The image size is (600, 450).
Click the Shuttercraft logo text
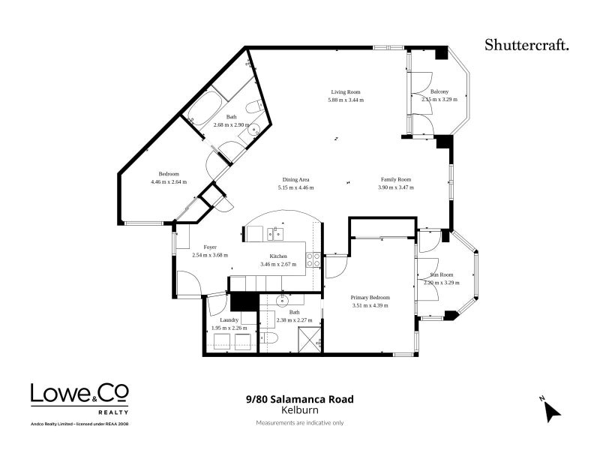[x=527, y=44]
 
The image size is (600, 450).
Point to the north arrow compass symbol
[x=552, y=409]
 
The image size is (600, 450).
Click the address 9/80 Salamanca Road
[x=299, y=399]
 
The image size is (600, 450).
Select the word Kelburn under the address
[x=299, y=410]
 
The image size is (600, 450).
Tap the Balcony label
[x=439, y=91]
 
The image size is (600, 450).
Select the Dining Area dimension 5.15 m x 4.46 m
[x=295, y=187]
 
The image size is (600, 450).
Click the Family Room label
[x=395, y=179]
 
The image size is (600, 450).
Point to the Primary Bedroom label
[x=370, y=297]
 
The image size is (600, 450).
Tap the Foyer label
[x=210, y=247]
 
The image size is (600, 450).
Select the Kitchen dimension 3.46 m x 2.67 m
[x=279, y=264]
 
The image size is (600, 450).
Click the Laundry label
[x=229, y=319]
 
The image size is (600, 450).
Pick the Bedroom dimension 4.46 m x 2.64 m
[x=169, y=182]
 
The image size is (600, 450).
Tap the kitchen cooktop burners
[x=313, y=260]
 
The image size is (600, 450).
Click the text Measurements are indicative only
[x=299, y=423]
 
